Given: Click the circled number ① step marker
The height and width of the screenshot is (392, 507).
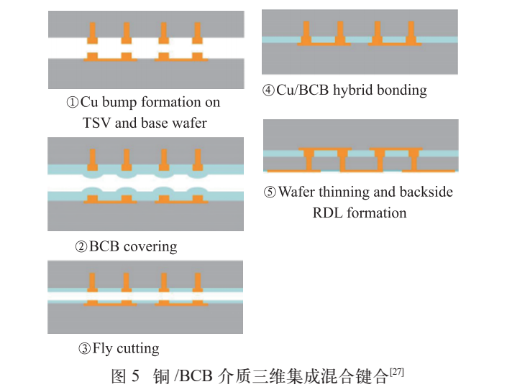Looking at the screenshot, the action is (x=73, y=103).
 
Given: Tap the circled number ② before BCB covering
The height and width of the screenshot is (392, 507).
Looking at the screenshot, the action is (x=81, y=247).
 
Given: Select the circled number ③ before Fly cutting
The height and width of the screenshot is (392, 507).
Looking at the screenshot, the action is (x=84, y=349).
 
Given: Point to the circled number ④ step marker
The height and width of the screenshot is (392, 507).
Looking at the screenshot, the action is (x=268, y=90).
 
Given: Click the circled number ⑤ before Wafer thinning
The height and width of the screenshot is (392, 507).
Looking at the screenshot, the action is (x=270, y=192).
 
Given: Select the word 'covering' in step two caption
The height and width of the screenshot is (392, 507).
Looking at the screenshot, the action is (x=150, y=247).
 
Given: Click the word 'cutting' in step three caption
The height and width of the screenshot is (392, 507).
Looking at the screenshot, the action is (x=138, y=349).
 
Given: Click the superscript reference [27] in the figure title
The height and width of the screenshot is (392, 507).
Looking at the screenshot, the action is (x=397, y=372).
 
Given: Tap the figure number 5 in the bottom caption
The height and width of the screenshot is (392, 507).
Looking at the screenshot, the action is (x=135, y=376).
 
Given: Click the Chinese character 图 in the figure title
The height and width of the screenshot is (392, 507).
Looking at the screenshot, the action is (x=119, y=376).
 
